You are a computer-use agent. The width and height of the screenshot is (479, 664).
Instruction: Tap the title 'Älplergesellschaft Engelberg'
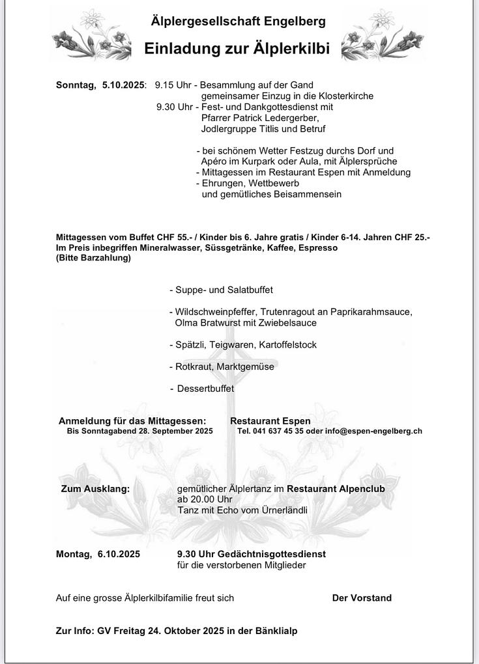(238, 21)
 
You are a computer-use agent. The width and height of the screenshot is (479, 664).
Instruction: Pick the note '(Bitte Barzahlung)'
(93, 258)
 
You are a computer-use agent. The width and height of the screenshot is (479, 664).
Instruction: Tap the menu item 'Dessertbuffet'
(205, 389)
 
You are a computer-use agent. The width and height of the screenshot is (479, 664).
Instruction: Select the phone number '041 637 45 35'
(278, 431)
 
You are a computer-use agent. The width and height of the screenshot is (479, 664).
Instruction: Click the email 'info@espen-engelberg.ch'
(374, 431)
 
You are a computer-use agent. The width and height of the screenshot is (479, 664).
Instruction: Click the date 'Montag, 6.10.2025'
(98, 554)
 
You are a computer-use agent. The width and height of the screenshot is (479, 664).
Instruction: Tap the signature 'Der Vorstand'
(362, 598)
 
